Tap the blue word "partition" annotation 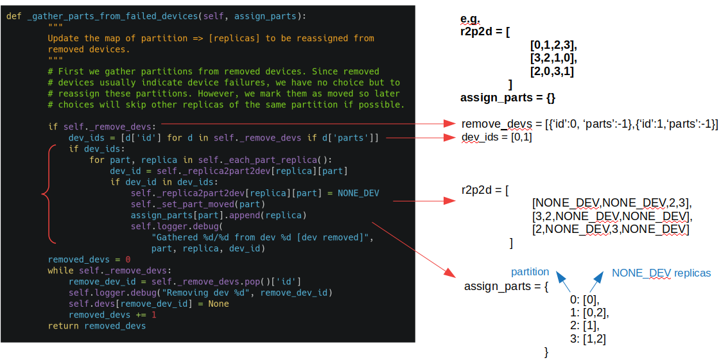tap(530, 272)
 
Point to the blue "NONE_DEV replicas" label tap(661, 273)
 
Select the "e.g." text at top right tap(471, 19)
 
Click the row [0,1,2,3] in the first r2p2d tap(553, 45)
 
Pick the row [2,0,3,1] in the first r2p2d tap(552, 71)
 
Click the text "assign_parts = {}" tap(507, 98)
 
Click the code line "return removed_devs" tap(97, 326)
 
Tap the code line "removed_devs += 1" tap(112, 315)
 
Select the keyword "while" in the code tap(60, 271)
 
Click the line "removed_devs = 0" tap(89, 259)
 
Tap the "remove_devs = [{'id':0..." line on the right tap(589, 124)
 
